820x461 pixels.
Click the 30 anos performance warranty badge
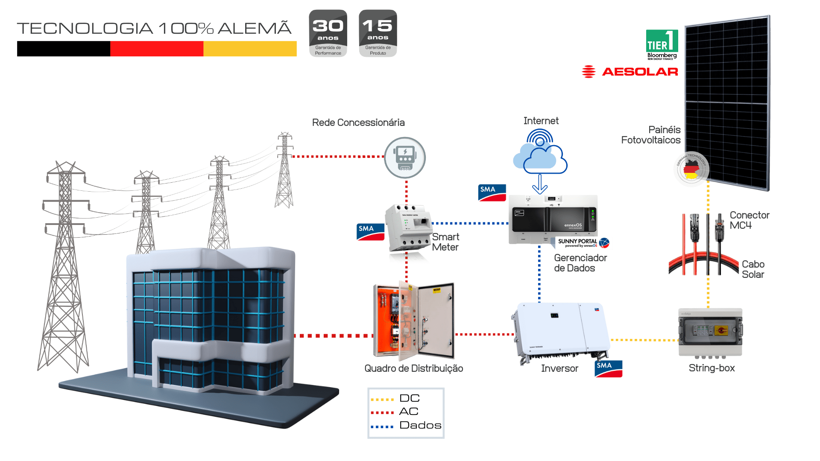click(328, 33)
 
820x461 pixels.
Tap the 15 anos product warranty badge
click(378, 33)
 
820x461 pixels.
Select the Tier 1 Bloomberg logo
click(662, 44)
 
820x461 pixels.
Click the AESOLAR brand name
click(640, 72)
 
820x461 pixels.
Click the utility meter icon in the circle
click(405, 158)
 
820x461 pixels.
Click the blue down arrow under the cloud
click(540, 184)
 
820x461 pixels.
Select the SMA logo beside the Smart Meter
click(370, 232)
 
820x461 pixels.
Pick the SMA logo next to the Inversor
click(608, 368)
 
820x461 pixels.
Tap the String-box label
click(712, 368)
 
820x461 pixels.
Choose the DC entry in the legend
click(409, 398)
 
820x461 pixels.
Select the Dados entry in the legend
click(420, 425)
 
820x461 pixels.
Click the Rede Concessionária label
click(358, 123)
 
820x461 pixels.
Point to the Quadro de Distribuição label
click(413, 368)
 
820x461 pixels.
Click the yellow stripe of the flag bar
click(250, 49)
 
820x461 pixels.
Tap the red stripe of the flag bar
click(157, 49)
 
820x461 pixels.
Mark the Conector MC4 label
click(749, 220)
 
